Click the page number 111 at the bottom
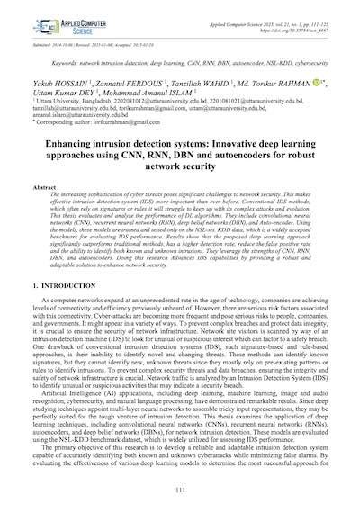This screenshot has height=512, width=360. [181, 489]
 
